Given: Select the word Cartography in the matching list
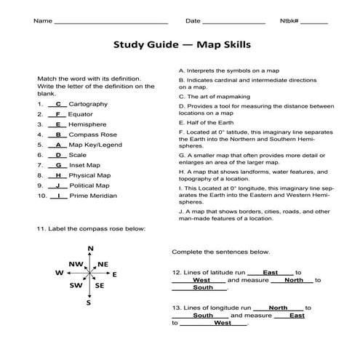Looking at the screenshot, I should point(88,104).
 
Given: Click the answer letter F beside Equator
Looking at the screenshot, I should point(57,114).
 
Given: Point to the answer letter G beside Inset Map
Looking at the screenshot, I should point(57,165).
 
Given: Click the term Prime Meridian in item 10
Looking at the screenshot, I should point(90,196).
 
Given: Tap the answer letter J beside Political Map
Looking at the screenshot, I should point(57,185).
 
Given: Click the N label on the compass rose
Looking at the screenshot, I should point(90,249).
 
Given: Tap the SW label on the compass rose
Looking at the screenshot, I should point(75,286).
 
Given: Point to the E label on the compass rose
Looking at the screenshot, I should point(115,274).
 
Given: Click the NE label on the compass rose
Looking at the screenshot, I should point(103,264).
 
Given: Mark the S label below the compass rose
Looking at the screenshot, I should point(89,303).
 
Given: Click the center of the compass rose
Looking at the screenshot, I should point(89,274).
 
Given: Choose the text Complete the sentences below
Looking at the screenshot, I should point(220,252).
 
